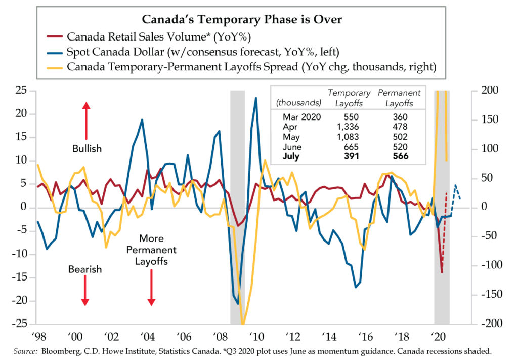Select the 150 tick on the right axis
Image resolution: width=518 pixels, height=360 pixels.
coord(488,120)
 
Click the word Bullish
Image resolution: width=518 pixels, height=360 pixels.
coord(87,149)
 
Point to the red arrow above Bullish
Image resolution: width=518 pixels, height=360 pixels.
coord(86,121)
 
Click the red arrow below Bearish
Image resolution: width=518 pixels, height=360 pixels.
coord(85,293)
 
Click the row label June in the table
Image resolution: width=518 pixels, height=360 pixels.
coord(292,147)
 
